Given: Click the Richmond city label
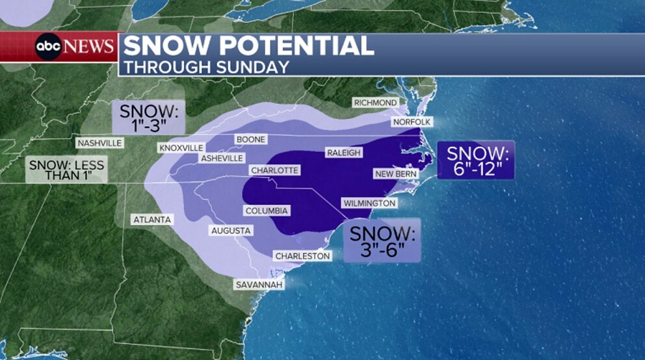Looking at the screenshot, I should [375, 103].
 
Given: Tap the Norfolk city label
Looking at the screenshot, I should [412, 122].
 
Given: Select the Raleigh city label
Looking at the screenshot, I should [343, 153].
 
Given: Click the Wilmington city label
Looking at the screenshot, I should [369, 203].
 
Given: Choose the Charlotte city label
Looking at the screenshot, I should [274, 170].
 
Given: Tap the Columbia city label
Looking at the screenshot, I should [267, 211].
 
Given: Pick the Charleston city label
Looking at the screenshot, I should [302, 256].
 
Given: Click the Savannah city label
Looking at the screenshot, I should [259, 285].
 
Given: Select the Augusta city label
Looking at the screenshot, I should [231, 231].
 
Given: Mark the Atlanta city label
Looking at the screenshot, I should [152, 220].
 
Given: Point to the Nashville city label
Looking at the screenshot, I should [99, 143].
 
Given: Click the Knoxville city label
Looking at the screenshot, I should [181, 148].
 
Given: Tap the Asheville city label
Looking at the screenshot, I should [222, 159].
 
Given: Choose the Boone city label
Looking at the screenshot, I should [250, 139].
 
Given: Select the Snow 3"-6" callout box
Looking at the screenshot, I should [382, 240].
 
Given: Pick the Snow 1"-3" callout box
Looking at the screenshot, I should [148, 116].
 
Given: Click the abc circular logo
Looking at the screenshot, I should [48, 47].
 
